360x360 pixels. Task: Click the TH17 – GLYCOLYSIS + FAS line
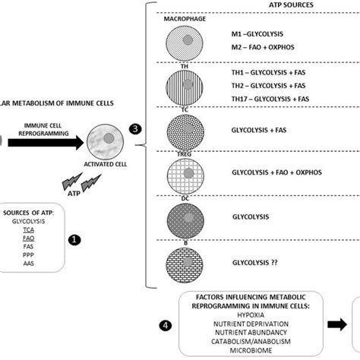coord(274,103)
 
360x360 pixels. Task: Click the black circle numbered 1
coord(75,239)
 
